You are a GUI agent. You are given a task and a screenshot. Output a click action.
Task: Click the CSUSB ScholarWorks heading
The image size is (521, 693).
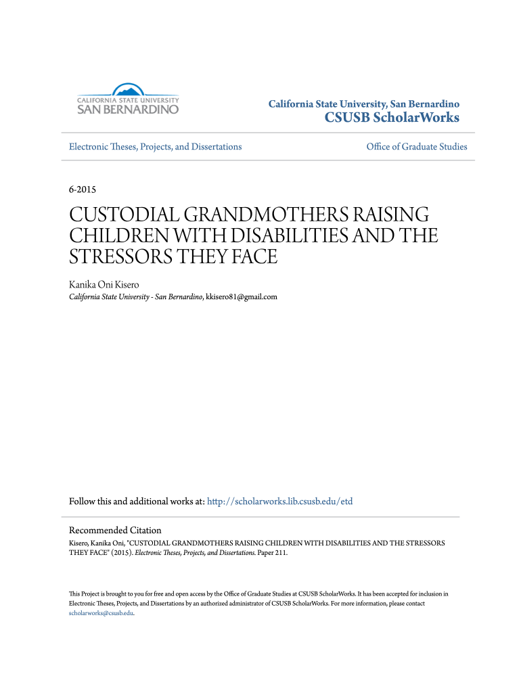point(392,118)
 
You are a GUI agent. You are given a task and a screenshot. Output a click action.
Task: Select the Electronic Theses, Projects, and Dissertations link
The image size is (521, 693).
point(155,147)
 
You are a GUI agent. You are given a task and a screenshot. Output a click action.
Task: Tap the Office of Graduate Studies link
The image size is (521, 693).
point(416,147)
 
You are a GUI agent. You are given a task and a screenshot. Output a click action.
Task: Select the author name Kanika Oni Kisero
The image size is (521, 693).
point(100,285)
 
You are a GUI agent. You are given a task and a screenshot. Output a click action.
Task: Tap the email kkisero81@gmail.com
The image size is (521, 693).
point(242,296)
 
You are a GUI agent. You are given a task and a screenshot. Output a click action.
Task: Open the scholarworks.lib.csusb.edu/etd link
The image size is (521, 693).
point(279,502)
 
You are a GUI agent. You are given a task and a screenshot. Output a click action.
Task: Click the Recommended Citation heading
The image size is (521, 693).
point(115,531)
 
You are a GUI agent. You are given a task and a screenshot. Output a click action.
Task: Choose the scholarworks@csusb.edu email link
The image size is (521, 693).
point(101,613)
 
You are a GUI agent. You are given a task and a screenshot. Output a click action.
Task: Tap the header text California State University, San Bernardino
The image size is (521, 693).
point(364,104)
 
